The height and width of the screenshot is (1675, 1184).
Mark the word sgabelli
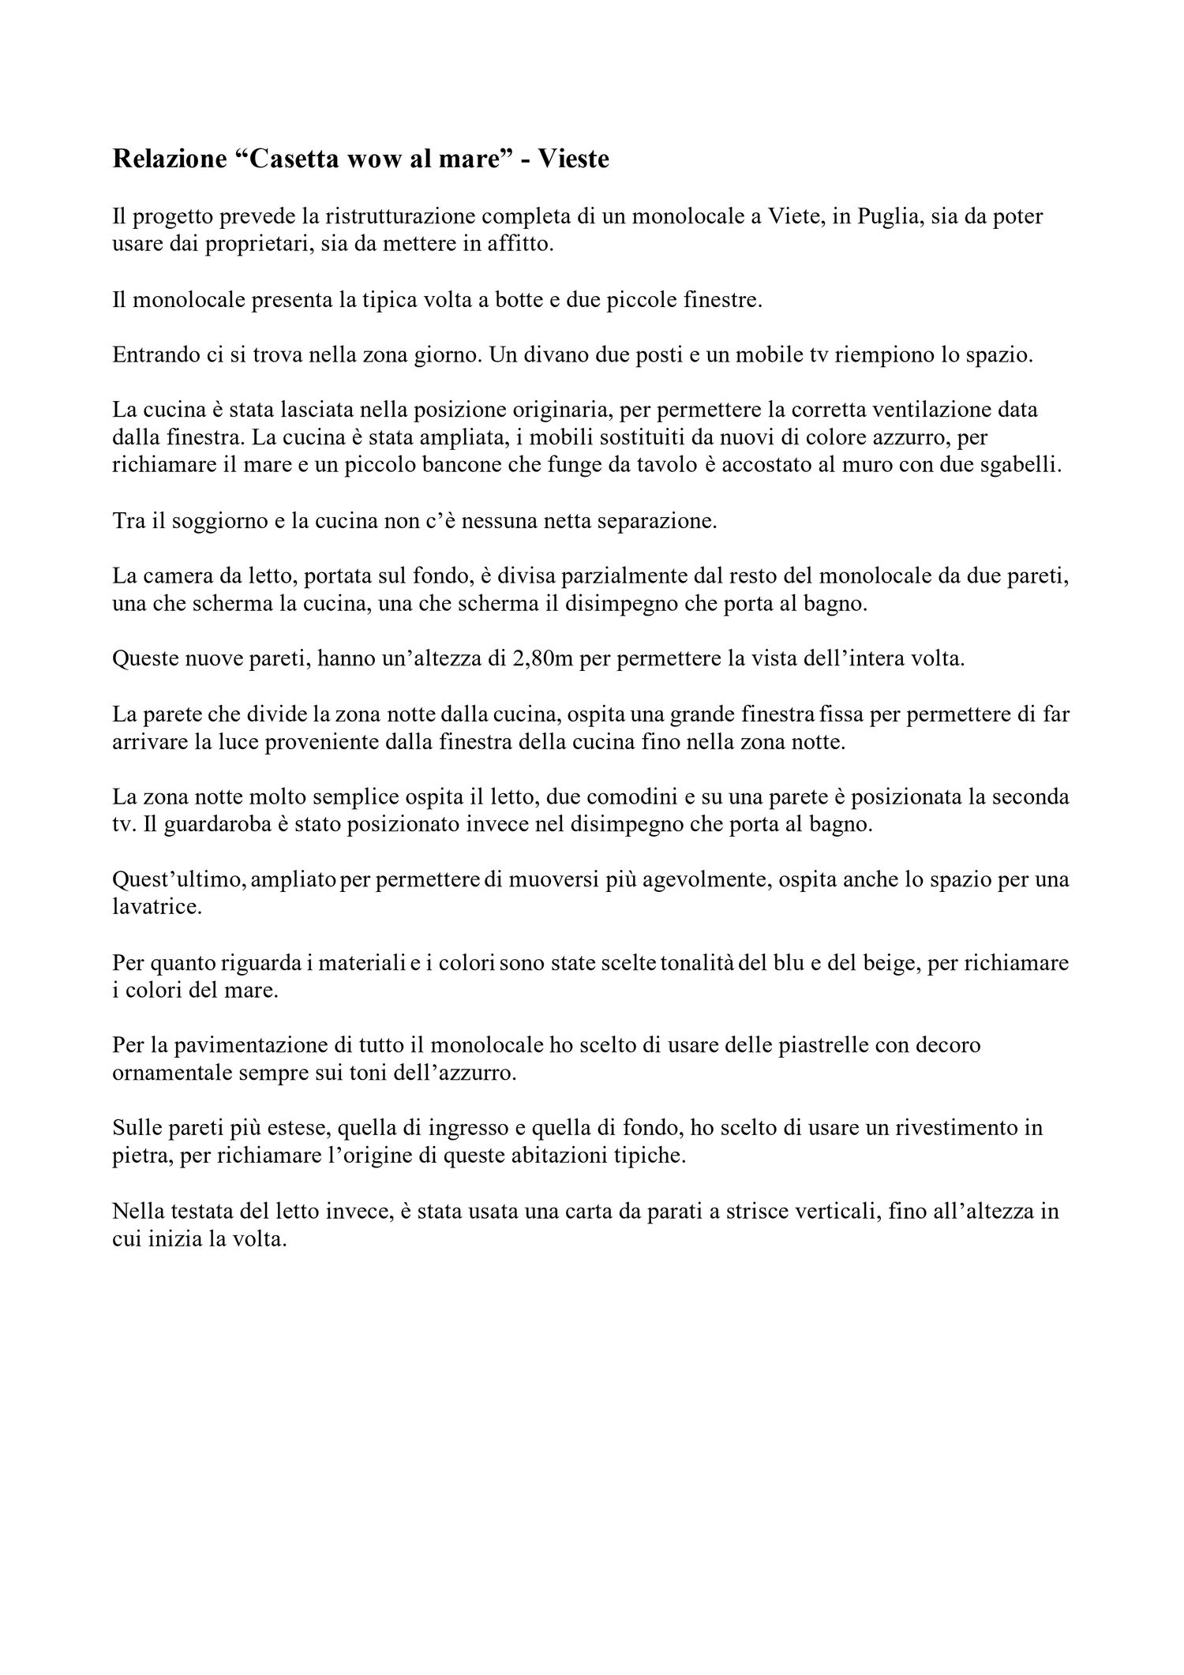click(1016, 466)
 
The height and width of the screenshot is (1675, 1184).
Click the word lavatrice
click(158, 907)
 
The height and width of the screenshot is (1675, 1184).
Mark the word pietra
click(139, 1156)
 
